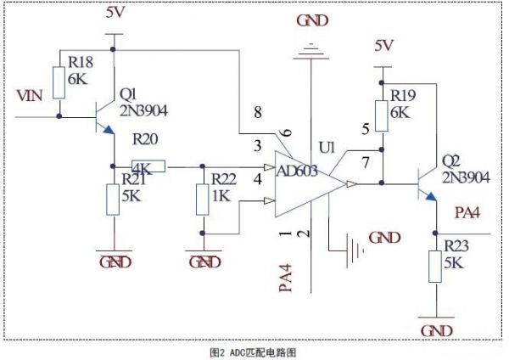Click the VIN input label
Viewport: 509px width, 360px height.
coord(30,96)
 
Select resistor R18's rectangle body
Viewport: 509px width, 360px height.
coord(59,83)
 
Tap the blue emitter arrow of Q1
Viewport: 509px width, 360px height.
coord(109,129)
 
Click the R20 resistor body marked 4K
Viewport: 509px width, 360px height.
coord(148,166)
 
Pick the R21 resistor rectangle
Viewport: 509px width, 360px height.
coord(113,200)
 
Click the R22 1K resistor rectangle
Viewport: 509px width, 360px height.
coord(202,200)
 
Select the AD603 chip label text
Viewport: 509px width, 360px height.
coord(297,171)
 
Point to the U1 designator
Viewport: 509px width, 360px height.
coord(327,148)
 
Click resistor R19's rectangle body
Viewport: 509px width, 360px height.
coord(382,116)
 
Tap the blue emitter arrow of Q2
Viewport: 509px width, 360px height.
coord(430,196)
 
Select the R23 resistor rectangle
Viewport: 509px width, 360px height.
coord(435,267)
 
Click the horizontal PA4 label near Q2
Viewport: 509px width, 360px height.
coord(467,213)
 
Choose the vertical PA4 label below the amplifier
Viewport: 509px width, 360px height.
coord(286,278)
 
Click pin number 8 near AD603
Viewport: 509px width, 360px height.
coord(258,112)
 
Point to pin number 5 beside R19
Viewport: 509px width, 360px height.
coord(366,129)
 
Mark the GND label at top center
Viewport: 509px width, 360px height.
coord(312,21)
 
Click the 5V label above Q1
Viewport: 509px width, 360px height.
coord(115,13)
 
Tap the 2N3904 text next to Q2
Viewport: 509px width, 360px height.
coord(466,177)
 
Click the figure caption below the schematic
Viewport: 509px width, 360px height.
coord(253,352)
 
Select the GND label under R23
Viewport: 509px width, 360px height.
coord(436,331)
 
